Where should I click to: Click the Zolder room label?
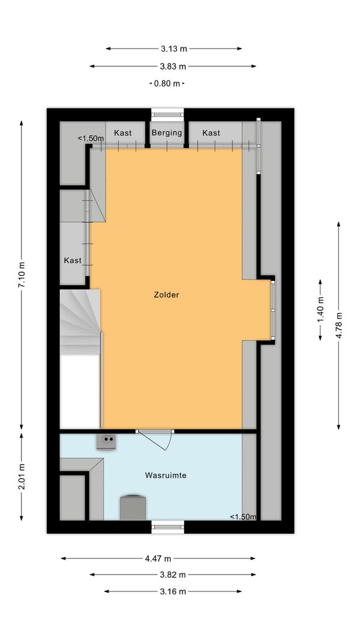pos(166,295)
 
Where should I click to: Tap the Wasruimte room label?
pos(166,475)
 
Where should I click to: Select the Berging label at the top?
pos(167,133)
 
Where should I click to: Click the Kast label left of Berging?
pos(123,133)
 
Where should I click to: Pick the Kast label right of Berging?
pos(211,133)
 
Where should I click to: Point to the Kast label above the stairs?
pos(73,261)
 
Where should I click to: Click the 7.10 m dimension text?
pos(22,275)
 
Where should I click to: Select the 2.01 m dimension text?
pos(22,476)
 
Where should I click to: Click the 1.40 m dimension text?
pos(320,310)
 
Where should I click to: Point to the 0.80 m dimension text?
pos(167,83)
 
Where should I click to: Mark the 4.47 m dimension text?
pos(158,559)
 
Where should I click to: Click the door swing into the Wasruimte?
pos(155,441)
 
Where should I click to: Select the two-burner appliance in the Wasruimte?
pos(106,442)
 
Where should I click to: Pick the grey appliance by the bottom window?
pos(133,507)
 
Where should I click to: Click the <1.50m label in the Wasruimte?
pos(243,517)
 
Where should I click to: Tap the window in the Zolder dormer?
pos(273,310)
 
